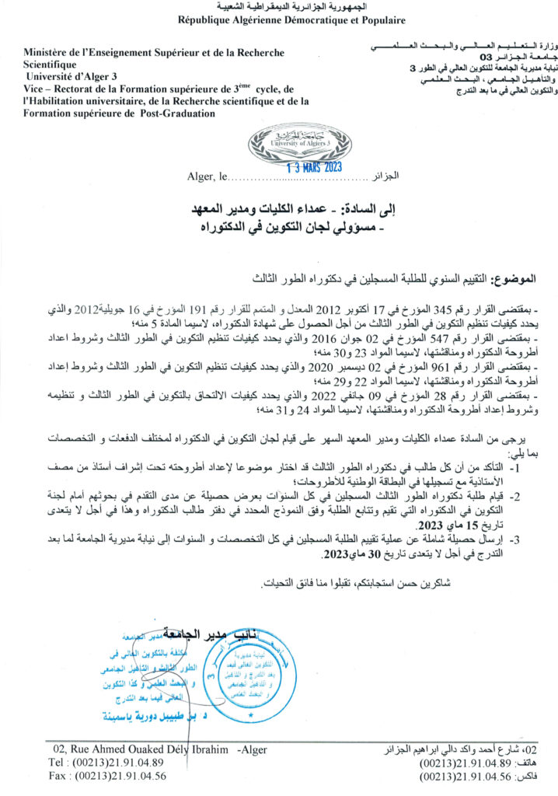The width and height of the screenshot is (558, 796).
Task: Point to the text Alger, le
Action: click(206, 177)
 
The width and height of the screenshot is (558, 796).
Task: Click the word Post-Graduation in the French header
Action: click(170, 113)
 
